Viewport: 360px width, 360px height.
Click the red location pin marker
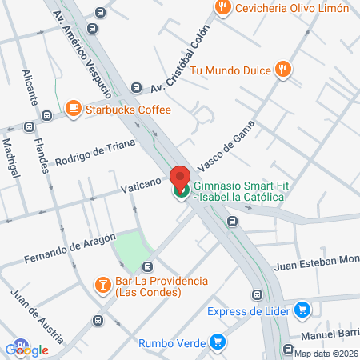coord(180,176)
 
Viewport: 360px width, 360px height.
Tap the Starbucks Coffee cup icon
coord(73,108)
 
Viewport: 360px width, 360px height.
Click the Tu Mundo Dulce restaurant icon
coord(282,70)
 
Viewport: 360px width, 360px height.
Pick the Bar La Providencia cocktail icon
coord(103,284)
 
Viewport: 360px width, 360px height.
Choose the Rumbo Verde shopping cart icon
coord(217,342)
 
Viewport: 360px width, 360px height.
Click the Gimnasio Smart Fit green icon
coord(181,190)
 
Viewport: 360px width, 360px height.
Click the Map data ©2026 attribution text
coord(326,354)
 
